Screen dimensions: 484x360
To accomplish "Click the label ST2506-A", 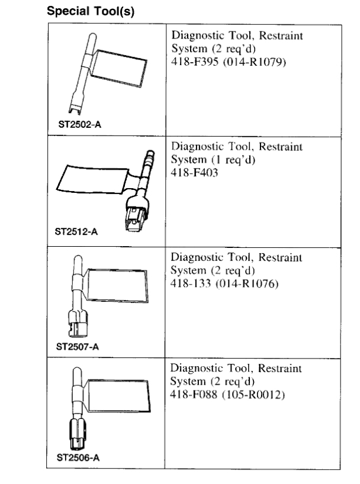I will pos(76,457).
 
